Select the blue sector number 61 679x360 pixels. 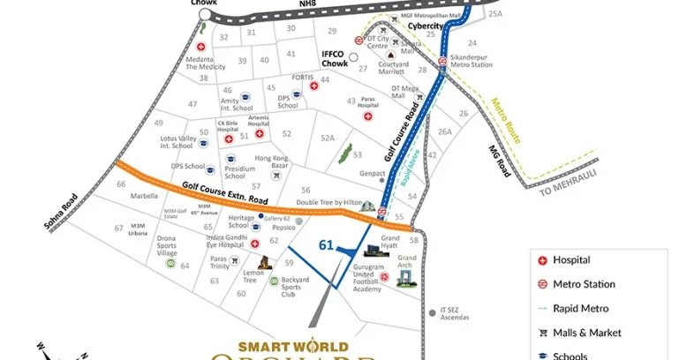326,245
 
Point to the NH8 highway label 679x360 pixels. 307,4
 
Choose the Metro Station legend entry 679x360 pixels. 583,284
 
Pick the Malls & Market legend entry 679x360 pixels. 587,333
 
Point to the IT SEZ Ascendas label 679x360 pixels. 455,314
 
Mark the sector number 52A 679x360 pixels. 328,138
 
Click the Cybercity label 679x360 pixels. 425,26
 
